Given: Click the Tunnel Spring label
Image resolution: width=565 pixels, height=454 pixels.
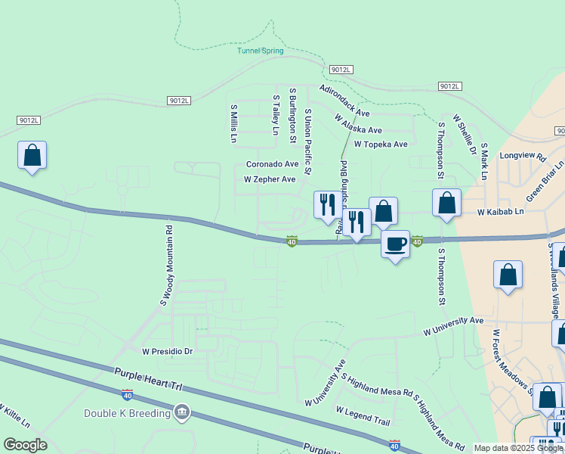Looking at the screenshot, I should (261, 51).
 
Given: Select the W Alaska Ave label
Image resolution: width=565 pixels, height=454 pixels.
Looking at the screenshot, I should (357, 124).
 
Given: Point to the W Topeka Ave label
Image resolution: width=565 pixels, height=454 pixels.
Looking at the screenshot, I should (380, 144).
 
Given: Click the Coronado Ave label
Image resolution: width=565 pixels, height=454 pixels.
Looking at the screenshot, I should (273, 164).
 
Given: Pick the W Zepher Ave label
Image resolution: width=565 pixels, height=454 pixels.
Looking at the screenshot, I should (270, 179).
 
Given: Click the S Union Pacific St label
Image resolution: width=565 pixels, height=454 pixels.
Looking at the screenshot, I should (307, 142).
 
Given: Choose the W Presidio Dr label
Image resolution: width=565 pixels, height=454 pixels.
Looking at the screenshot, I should (168, 352).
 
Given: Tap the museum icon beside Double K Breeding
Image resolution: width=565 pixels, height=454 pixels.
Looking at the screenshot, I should (181, 412).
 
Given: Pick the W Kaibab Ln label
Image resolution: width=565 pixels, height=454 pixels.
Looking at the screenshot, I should (500, 212).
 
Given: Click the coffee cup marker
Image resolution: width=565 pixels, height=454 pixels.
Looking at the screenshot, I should (395, 244).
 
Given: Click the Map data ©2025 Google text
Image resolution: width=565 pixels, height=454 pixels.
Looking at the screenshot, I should (517, 448).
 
